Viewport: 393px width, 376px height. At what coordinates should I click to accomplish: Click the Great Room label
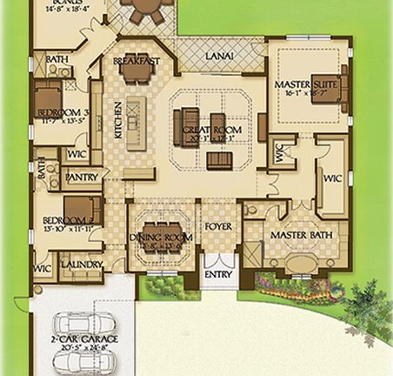(x=205, y=131)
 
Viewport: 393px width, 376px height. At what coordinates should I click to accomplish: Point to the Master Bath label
(x=297, y=236)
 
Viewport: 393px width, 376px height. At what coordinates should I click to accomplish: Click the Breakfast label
(x=136, y=61)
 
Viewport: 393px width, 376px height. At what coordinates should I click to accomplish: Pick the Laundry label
(x=83, y=265)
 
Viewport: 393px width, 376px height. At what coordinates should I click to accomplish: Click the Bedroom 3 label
(x=62, y=113)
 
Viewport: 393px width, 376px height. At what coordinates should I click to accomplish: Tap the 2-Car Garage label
(x=84, y=339)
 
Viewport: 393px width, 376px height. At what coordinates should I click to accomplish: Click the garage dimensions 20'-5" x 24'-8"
(x=84, y=349)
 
